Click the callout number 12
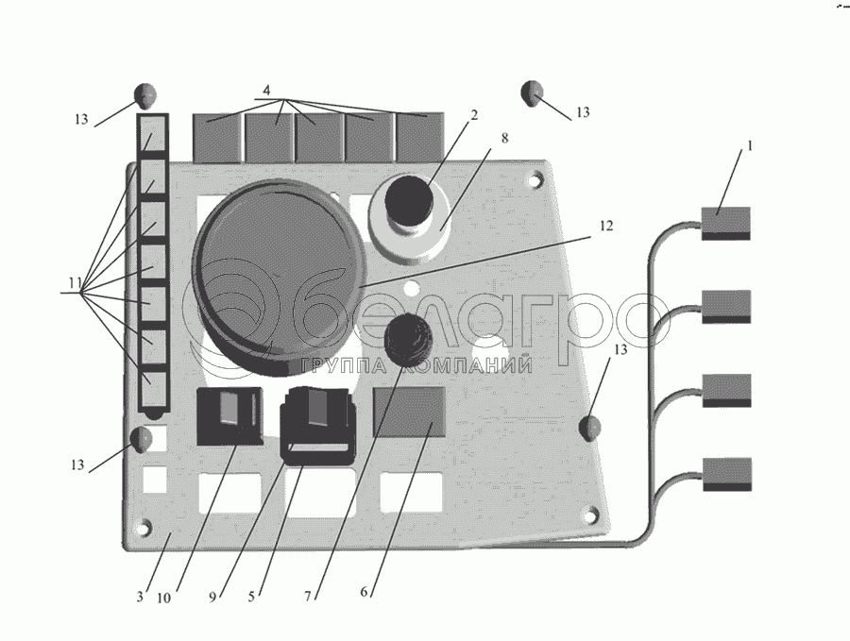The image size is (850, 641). [x=605, y=227]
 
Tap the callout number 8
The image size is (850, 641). [x=504, y=138]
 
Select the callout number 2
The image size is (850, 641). [x=474, y=115]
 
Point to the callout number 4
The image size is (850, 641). [x=267, y=91]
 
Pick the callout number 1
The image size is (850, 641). [x=750, y=146]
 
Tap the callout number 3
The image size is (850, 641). [x=140, y=597]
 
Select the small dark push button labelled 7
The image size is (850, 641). [x=408, y=339]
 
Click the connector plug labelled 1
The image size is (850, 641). [x=725, y=222]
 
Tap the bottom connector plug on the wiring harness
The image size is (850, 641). [x=726, y=472]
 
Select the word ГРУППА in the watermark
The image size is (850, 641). [x=334, y=366]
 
